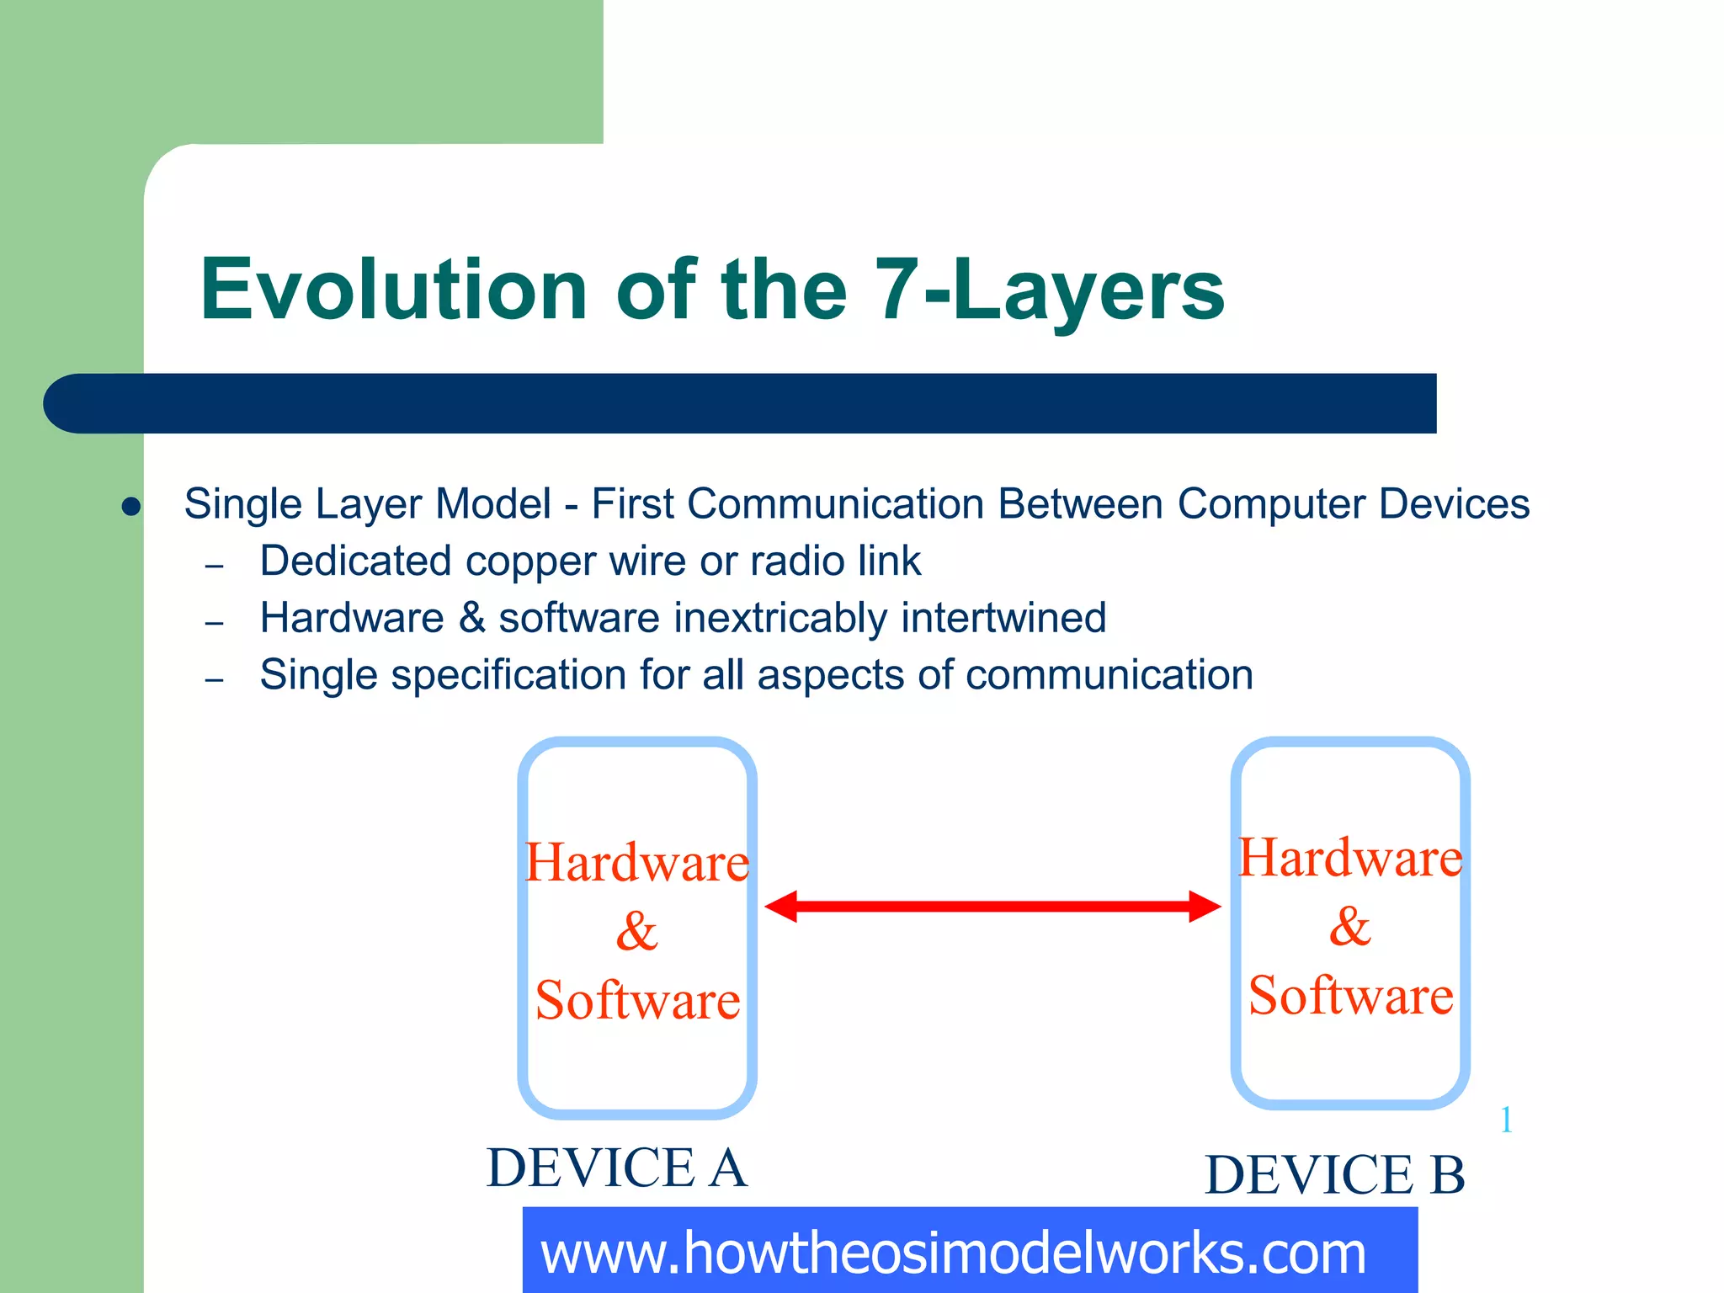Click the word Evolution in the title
393,290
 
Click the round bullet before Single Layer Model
130,506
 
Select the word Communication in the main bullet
835,504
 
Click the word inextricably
780,619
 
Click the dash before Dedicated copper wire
215,566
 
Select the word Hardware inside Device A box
636,864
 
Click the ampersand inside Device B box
1350,927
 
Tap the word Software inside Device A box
637,1001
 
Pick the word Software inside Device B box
1350,996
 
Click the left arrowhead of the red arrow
780,907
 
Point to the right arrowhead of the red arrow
1205,907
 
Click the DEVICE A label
616,1168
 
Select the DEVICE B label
1335,1175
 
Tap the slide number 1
1506,1120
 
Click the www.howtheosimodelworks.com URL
953,1253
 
